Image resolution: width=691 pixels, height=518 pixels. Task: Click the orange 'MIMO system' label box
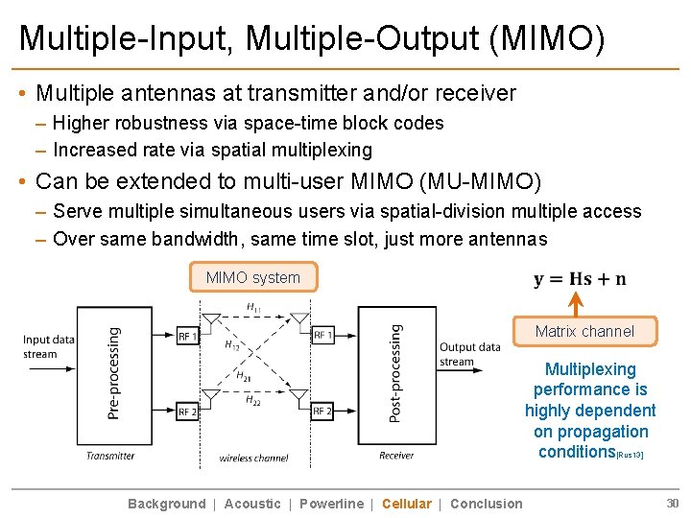click(x=253, y=277)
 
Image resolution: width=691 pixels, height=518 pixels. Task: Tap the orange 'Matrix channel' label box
click(x=584, y=331)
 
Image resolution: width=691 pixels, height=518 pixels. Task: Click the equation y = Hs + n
click(x=580, y=279)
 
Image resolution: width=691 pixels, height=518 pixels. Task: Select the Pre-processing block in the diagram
click(x=114, y=372)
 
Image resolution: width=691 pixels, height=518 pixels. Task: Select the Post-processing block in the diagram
click(x=396, y=372)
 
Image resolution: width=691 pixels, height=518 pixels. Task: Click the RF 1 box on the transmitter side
click(x=188, y=336)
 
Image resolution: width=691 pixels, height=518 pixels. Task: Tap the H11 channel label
click(x=254, y=307)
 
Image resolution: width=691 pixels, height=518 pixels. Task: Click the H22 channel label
click(x=253, y=400)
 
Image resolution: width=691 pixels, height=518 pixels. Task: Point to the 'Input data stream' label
click(x=49, y=346)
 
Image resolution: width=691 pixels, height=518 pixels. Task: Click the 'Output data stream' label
click(x=469, y=354)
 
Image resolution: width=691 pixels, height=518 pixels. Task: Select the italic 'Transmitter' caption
click(x=110, y=456)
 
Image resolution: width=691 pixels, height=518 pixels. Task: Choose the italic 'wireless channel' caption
click(x=254, y=458)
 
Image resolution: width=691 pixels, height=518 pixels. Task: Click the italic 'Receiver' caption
click(x=396, y=456)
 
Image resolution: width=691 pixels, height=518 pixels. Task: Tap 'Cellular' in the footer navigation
click(x=406, y=504)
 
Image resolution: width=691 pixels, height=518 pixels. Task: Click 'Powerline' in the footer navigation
click(x=331, y=504)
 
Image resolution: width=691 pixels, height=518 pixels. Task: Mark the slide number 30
click(x=672, y=504)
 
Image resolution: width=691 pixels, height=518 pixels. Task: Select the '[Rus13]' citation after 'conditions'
click(x=630, y=455)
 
